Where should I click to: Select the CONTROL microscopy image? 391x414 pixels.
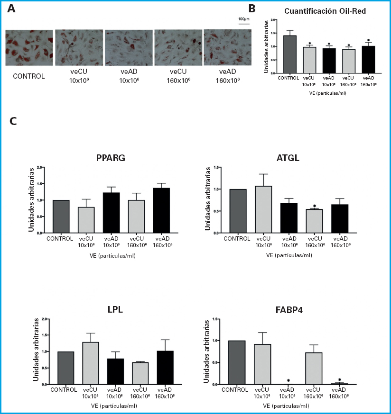point(29,49)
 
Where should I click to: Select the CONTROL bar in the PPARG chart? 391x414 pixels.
point(61,216)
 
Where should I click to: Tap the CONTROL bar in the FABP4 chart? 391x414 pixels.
point(236,362)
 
